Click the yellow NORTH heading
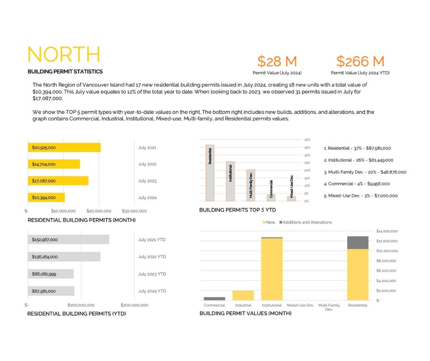click(64, 55)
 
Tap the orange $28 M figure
click(277, 61)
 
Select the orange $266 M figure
click(360, 61)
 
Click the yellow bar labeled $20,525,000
click(64, 148)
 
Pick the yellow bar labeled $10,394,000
click(46, 197)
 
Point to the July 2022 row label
click(147, 164)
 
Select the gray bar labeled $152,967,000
click(68, 240)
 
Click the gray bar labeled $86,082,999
click(50, 274)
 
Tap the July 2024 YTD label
click(152, 291)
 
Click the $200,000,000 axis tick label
click(134, 305)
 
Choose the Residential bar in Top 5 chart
click(210, 173)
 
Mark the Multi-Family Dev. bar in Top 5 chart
click(251, 185)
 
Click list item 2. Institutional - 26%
click(358, 160)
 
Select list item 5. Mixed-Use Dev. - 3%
click(360, 196)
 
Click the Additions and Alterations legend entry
click(305, 222)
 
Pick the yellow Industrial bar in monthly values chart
click(243, 295)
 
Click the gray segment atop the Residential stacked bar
click(358, 242)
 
